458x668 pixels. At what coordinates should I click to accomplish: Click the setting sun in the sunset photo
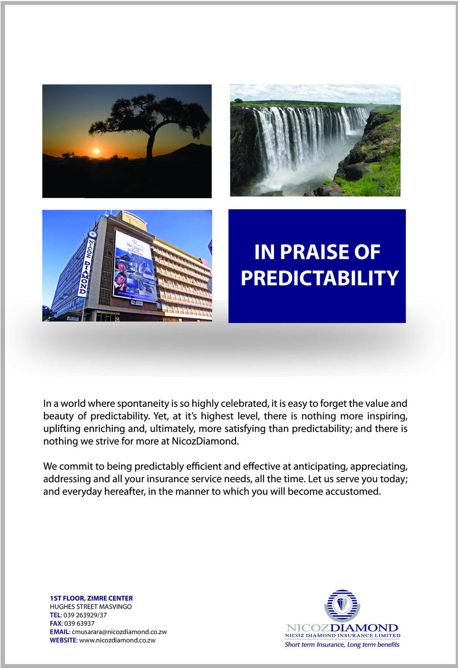96,151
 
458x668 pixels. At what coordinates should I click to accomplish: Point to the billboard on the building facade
134,267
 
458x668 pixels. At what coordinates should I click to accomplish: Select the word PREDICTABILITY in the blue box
320,278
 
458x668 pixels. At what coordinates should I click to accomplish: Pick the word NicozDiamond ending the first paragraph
205,441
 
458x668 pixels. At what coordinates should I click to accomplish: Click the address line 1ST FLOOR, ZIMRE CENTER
91,598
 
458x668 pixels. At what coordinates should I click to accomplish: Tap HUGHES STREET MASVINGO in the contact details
91,607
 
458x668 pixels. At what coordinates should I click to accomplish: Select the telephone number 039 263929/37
85,615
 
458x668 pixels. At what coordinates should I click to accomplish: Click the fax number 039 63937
79,623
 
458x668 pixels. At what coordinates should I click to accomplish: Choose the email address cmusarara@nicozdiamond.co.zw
119,632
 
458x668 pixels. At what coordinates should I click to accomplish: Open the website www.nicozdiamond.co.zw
118,640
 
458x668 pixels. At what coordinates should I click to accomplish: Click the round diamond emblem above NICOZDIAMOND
342,605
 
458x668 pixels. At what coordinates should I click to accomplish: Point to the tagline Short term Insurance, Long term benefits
342,644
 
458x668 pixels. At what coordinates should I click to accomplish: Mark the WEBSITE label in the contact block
63,640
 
